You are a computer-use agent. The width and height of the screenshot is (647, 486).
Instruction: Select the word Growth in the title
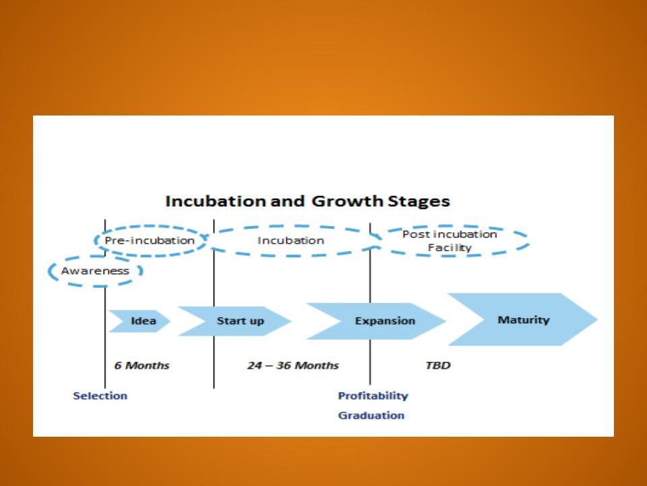point(348,201)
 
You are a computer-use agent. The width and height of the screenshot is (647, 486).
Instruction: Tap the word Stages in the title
point(419,202)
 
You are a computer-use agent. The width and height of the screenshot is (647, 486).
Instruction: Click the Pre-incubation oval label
point(150,240)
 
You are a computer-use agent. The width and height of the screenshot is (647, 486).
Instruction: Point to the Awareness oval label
point(95,271)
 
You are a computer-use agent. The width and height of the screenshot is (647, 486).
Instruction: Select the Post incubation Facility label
point(450,240)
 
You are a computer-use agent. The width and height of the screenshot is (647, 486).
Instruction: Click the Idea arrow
point(140,321)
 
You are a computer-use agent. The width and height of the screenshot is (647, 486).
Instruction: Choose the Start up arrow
point(235,321)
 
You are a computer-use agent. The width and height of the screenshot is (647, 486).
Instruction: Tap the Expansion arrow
point(376,321)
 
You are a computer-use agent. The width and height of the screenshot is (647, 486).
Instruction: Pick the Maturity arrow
point(523,319)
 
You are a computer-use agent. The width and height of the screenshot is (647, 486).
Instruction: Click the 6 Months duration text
point(142,365)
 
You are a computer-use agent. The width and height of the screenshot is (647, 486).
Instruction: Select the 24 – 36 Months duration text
point(293,365)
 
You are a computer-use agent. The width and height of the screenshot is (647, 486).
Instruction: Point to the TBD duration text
point(438,365)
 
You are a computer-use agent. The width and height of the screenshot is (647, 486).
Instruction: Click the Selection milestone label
point(100,396)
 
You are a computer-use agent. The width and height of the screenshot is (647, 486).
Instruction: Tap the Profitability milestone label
point(373,396)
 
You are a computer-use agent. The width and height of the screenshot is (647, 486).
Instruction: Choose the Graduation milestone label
point(371,415)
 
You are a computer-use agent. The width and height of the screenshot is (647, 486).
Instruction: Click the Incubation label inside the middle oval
point(291,240)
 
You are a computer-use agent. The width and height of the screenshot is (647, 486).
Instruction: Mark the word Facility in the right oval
point(450,248)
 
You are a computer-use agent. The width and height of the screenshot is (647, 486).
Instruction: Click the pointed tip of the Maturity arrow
point(598,319)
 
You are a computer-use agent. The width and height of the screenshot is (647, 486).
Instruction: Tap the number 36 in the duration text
point(283,365)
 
